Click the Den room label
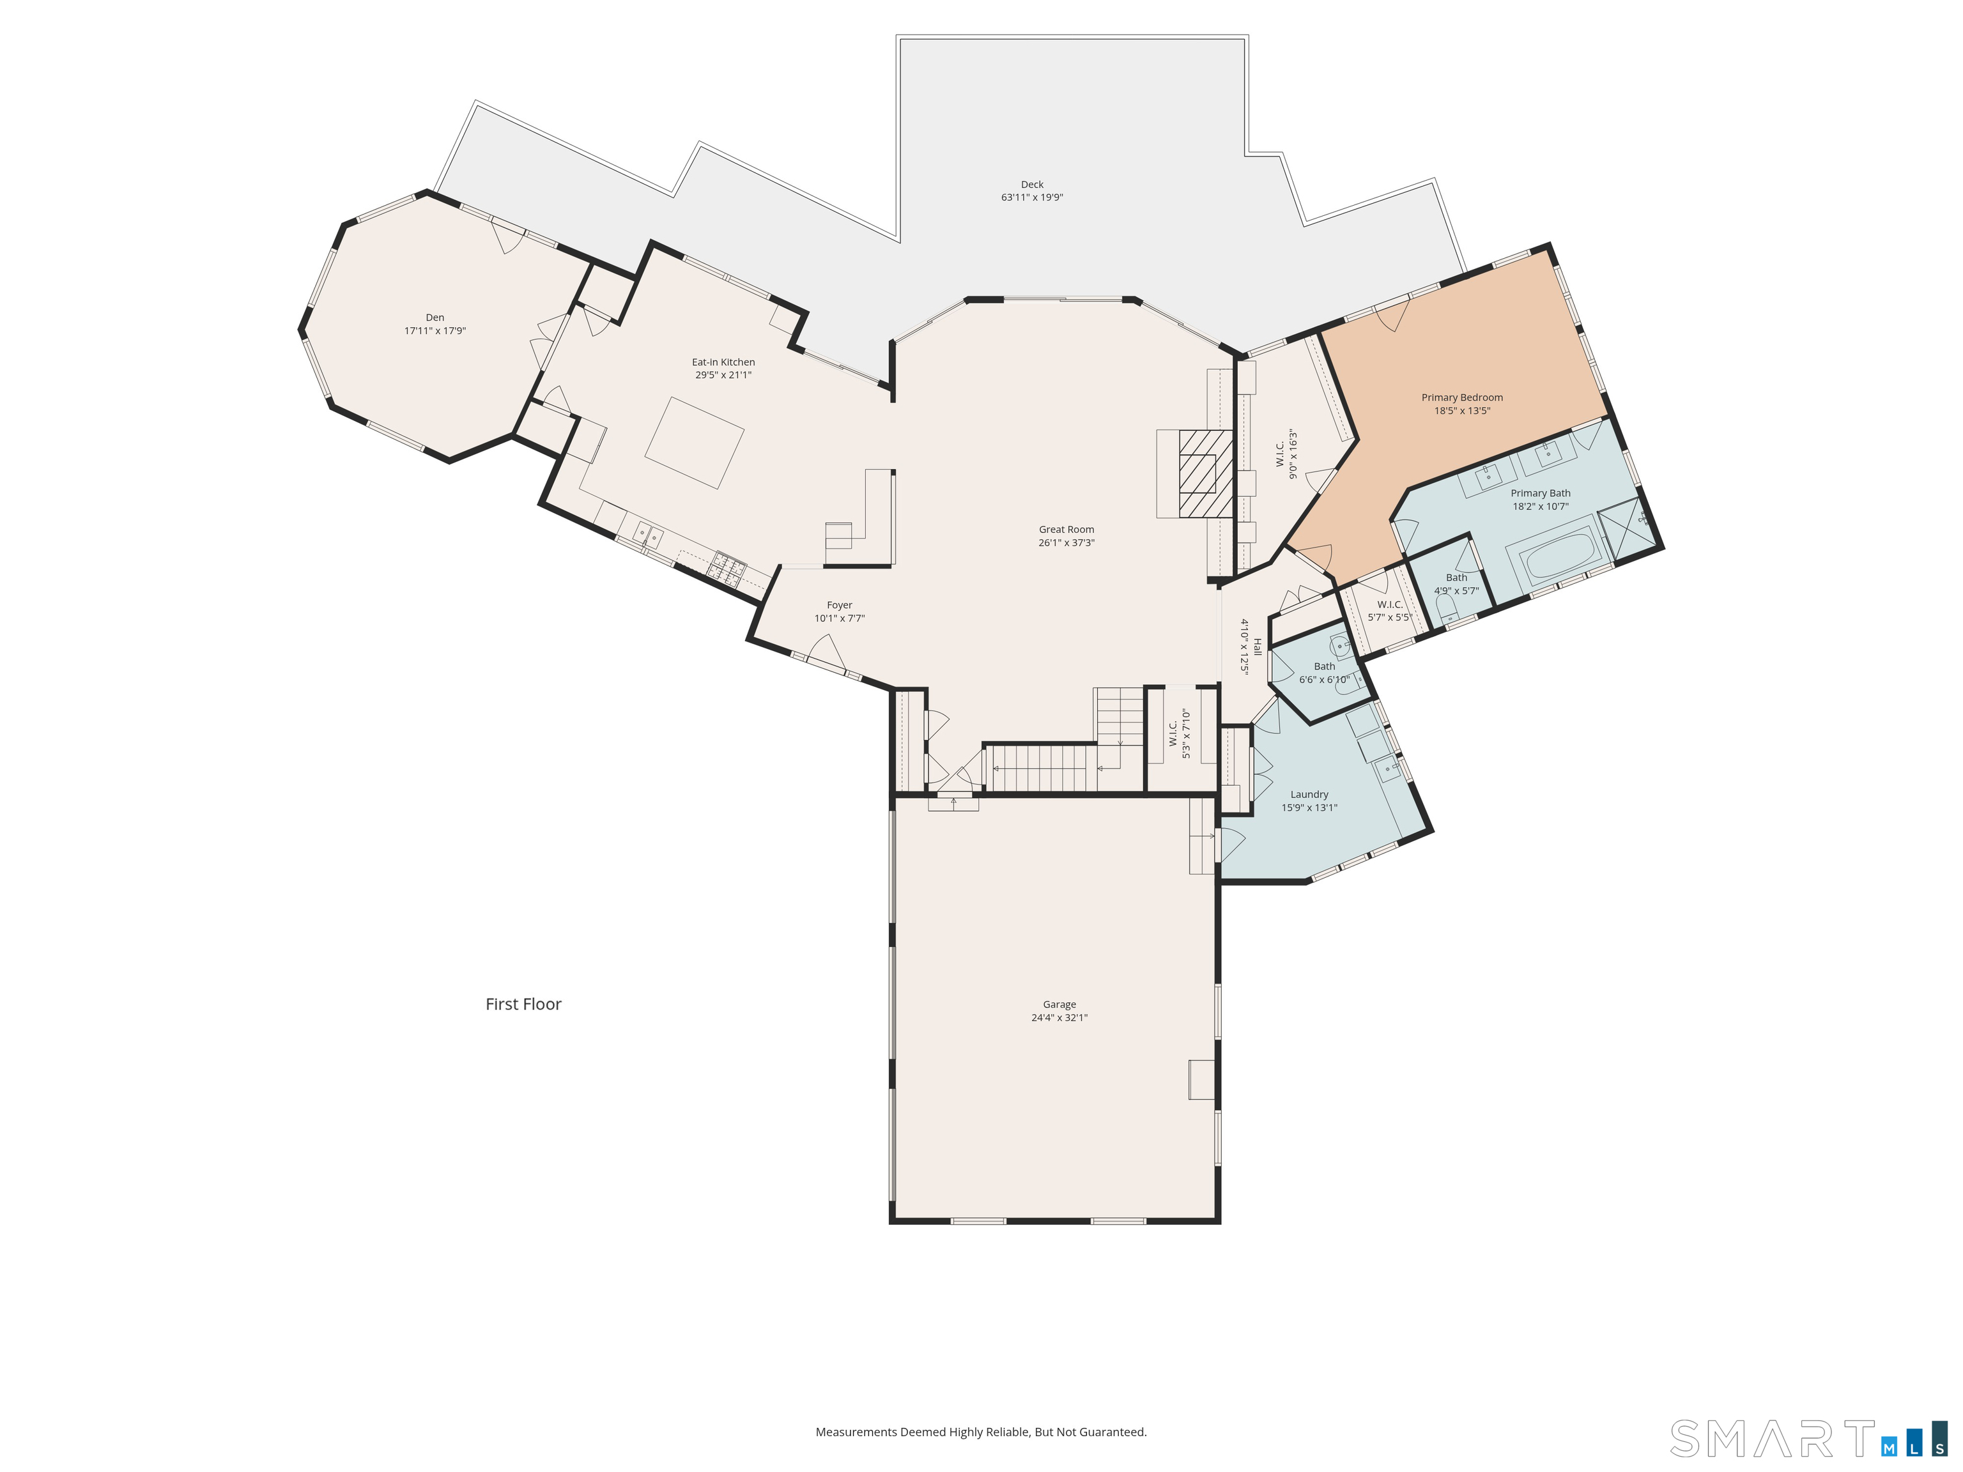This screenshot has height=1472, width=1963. point(435,318)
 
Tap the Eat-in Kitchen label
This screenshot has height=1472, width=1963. point(723,362)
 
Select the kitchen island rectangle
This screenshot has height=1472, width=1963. point(694,443)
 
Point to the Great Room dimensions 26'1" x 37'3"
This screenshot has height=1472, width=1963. point(1066,543)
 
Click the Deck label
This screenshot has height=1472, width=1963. point(1032,185)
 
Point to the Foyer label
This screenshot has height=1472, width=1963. point(840,605)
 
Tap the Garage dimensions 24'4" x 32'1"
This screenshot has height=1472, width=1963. point(1059,1018)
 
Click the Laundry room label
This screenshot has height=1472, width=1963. point(1310,794)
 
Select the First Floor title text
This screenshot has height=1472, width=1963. point(523,1004)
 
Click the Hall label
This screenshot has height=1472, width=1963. point(1257,647)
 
